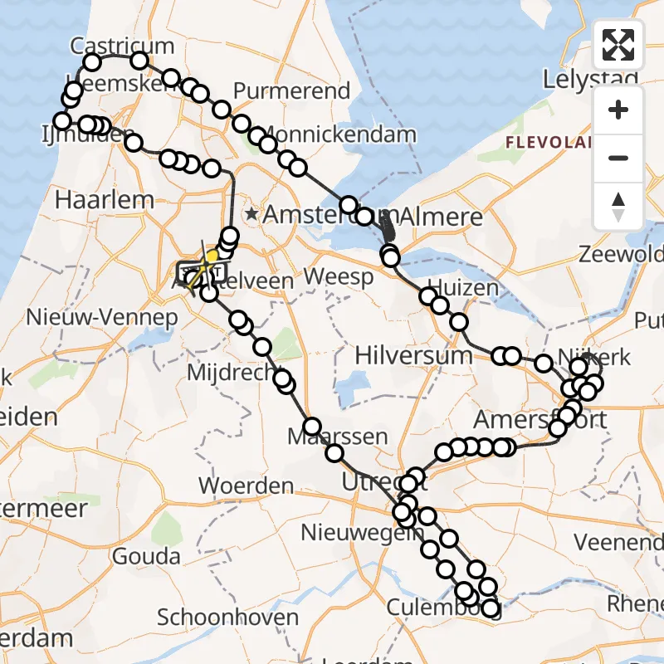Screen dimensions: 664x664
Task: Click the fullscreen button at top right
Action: click(618, 45)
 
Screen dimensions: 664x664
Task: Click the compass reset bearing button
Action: click(618, 206)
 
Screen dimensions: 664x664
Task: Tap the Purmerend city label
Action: click(292, 90)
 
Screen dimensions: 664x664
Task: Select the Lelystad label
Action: click(579, 80)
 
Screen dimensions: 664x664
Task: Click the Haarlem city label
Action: click(105, 200)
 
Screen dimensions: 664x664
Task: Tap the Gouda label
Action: click(146, 556)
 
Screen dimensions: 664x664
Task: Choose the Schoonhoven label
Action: click(227, 618)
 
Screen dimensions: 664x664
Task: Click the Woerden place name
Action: click(247, 485)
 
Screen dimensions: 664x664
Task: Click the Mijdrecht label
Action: click(234, 373)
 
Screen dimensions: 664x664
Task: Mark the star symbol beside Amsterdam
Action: click(251, 214)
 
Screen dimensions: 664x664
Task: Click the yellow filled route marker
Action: click(212, 256)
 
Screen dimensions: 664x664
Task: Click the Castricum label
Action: click(122, 45)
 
